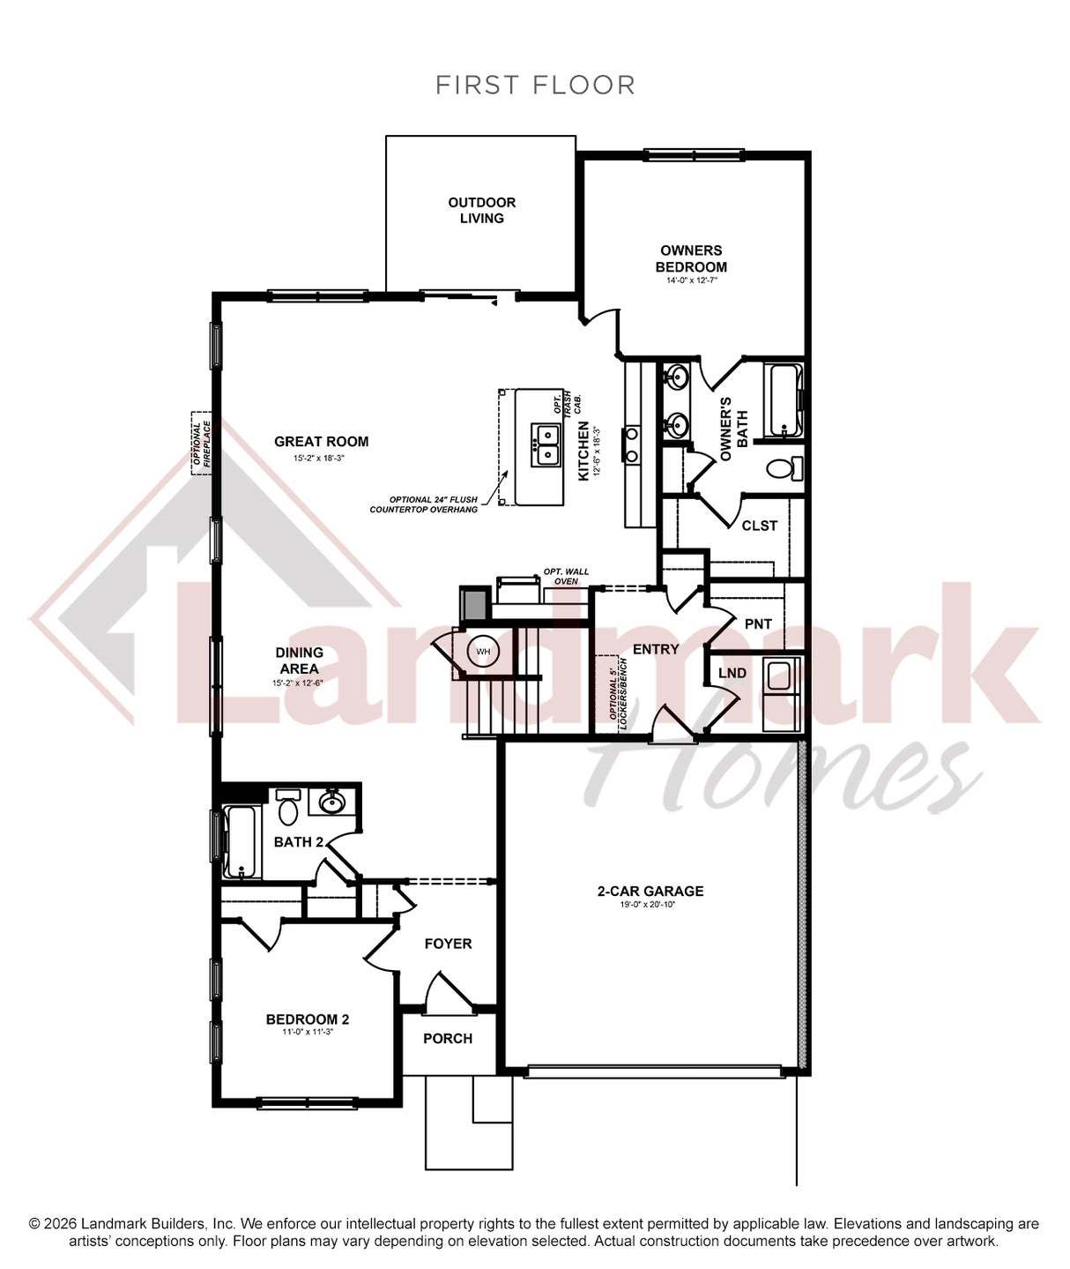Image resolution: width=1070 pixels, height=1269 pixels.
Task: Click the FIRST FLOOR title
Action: tap(535, 85)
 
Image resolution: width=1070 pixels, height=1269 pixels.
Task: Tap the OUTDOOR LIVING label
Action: tap(482, 210)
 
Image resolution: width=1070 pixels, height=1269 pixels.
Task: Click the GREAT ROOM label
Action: tap(322, 442)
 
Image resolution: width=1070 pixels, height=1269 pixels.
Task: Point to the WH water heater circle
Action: tap(482, 652)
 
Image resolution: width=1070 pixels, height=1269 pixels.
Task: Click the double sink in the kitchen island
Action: tap(546, 444)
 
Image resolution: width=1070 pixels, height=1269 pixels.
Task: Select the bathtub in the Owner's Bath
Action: tap(786, 399)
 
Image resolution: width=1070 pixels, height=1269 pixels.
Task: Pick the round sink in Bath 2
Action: tap(331, 803)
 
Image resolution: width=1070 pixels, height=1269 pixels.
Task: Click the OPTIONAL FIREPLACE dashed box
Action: tap(201, 444)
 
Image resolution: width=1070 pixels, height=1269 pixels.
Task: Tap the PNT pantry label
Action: tap(758, 623)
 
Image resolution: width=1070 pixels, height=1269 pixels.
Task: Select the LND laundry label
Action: tap(732, 673)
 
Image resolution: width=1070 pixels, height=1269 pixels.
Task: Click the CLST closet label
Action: tap(760, 526)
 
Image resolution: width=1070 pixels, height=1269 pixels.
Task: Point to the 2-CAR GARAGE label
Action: tap(650, 891)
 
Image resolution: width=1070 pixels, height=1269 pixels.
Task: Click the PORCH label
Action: tap(448, 1039)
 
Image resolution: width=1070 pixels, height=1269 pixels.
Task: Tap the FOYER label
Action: tap(449, 944)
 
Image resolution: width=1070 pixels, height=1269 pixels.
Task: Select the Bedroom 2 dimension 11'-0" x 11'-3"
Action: tap(308, 1032)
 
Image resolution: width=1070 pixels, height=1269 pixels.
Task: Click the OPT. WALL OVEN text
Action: tap(566, 577)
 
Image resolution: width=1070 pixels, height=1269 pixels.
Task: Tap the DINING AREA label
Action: tap(299, 661)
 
